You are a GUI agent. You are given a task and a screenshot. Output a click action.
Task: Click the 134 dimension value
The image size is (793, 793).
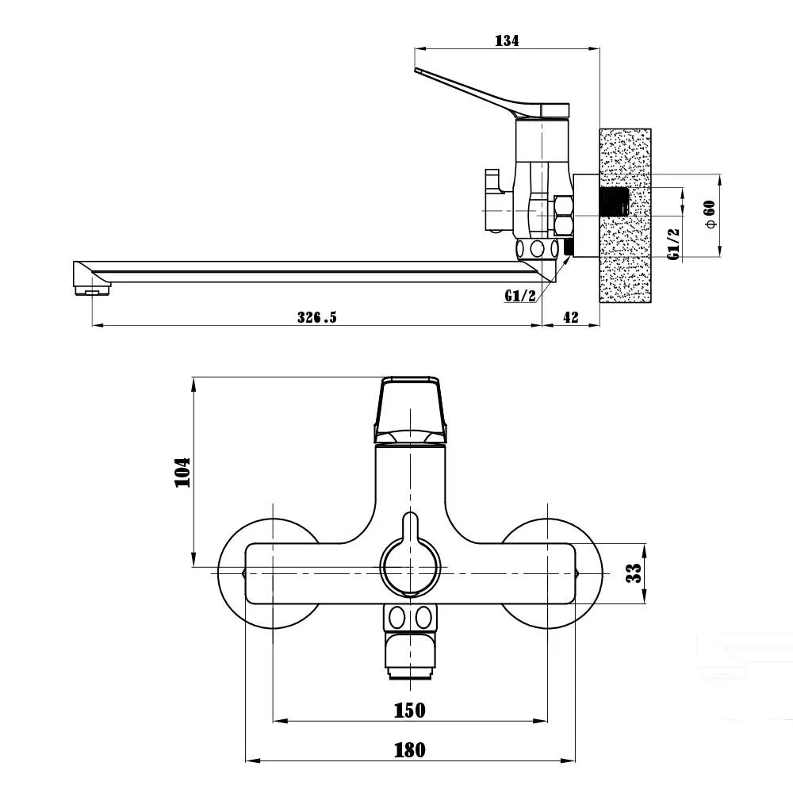point(507,40)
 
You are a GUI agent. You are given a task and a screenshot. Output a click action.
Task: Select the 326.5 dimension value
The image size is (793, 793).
point(316,317)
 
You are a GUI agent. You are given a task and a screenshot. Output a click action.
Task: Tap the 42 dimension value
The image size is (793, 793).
point(570,317)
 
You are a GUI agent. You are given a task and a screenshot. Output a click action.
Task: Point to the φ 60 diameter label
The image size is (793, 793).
point(711,214)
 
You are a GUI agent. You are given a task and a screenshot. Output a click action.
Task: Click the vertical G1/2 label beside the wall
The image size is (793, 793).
point(673,243)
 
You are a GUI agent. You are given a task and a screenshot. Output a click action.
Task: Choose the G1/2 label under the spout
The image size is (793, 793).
point(520,295)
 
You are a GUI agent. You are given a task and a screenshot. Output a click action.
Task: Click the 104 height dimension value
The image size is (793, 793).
point(182,472)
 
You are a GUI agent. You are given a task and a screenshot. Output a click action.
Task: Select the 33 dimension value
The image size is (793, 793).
point(634,573)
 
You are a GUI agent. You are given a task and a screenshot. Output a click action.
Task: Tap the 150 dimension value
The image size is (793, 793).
point(410,711)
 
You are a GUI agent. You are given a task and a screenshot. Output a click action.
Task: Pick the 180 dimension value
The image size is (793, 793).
point(410,750)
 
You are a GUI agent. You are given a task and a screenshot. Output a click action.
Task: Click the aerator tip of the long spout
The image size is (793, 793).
point(92,289)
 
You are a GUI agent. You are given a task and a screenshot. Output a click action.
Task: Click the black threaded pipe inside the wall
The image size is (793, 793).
point(614,201)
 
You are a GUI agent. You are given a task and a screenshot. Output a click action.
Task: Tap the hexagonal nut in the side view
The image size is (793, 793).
point(563,216)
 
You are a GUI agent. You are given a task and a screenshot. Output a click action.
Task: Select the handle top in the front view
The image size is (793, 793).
point(410,410)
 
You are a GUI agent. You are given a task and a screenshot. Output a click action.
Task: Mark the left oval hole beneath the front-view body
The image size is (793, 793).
point(397,618)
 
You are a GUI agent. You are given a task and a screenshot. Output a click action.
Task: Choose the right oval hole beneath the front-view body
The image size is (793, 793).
point(423,618)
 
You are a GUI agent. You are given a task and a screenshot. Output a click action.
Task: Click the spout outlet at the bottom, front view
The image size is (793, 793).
point(410,658)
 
